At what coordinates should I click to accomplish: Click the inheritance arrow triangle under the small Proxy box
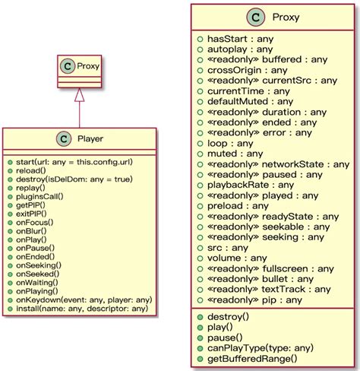79,94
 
